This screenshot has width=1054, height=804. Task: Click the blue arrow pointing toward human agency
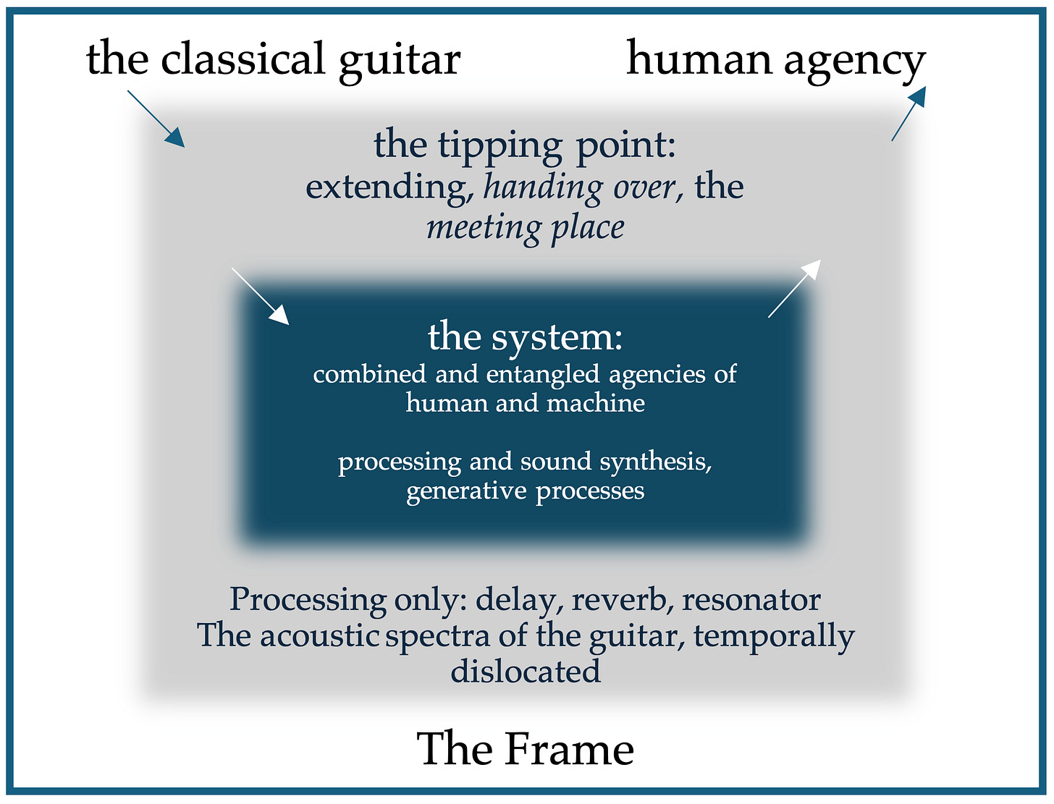coord(908,113)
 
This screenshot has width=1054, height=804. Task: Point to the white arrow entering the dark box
coord(260,295)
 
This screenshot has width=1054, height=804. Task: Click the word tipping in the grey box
coord(502,145)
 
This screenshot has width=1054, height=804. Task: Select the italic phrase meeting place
coord(526,227)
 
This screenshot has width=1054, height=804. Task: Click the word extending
coord(386,187)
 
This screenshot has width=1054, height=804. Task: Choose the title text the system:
coord(526,337)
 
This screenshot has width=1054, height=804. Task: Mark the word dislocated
coord(526,671)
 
